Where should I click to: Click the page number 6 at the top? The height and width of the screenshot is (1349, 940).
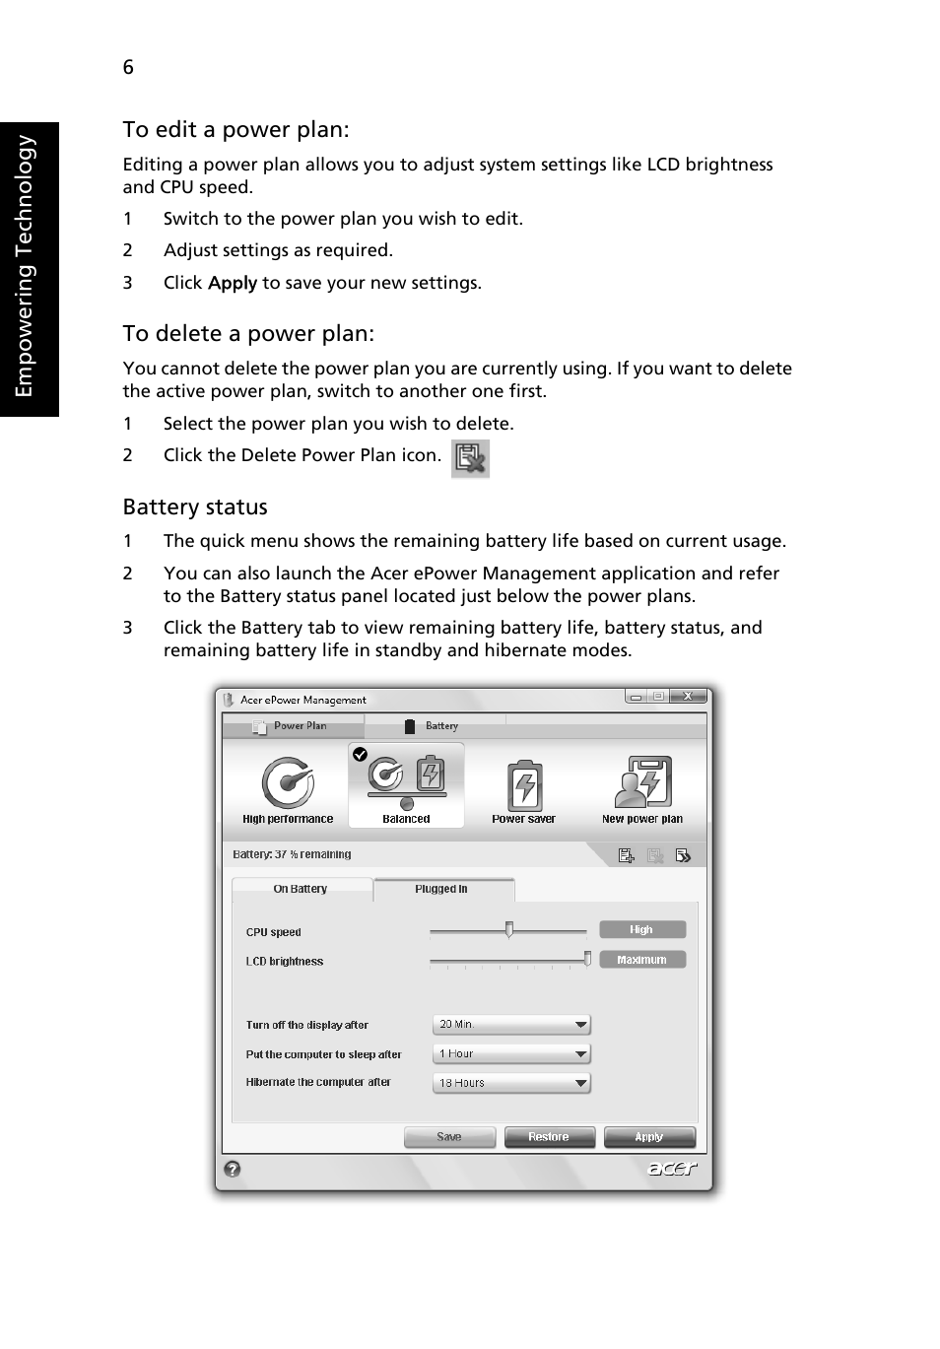coord(128,67)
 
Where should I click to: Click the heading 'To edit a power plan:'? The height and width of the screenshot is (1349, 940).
coord(235,130)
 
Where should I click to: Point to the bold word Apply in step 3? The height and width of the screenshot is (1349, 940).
coord(233,283)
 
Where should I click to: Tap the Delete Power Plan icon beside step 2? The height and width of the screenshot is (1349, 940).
coord(470,458)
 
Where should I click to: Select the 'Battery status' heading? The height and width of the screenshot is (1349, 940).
coord(195,507)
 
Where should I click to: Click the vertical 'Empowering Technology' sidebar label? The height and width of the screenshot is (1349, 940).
coord(27,266)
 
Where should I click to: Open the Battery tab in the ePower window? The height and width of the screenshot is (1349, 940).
coord(434,726)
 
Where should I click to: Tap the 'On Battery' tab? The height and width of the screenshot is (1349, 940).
coord(301,889)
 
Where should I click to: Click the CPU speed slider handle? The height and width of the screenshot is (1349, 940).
coord(508,929)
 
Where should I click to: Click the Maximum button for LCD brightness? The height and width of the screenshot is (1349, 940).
coord(641,960)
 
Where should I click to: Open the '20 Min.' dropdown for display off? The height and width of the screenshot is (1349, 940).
coord(510,1025)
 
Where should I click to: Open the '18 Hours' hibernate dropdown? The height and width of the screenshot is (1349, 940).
coord(510,1083)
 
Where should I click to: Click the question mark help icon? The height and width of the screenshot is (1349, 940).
coord(233,1169)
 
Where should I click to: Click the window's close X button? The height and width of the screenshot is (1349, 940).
coord(688,696)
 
